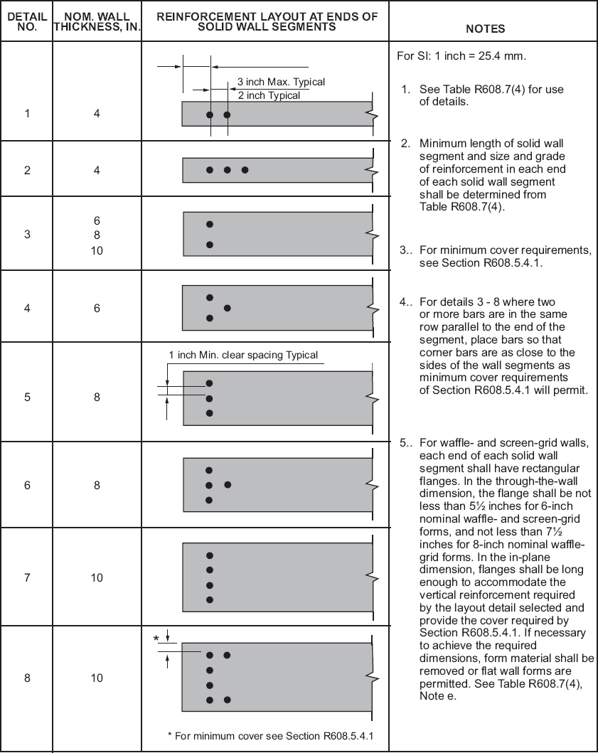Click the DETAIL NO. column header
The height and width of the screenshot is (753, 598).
tap(27, 21)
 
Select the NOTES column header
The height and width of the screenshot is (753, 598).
tap(485, 29)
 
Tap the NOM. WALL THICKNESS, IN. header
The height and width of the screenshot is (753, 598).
tap(97, 21)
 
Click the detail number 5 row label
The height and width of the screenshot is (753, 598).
tap(27, 397)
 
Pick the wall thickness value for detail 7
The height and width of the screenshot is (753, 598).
tap(97, 577)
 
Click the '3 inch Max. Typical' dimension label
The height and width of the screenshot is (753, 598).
tap(281, 82)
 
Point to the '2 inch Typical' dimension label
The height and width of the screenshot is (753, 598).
tap(269, 95)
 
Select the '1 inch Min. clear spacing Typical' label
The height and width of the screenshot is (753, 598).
tap(243, 355)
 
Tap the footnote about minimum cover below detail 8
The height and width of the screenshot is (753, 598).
tap(270, 735)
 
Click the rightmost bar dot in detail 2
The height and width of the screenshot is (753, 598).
tap(245, 170)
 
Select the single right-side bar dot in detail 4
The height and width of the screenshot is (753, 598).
tap(227, 308)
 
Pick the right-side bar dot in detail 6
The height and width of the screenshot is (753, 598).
tap(227, 485)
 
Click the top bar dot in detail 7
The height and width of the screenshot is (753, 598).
tap(210, 555)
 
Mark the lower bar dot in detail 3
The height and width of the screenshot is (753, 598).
tap(210, 245)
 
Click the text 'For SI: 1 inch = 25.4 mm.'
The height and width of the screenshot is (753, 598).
tap(461, 56)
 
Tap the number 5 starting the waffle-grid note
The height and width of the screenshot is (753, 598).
tap(403, 442)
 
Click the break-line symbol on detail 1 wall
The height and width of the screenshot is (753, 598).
tap(372, 114)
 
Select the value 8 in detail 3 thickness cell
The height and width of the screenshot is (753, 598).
tap(97, 235)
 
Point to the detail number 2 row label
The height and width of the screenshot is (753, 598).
tap(27, 170)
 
